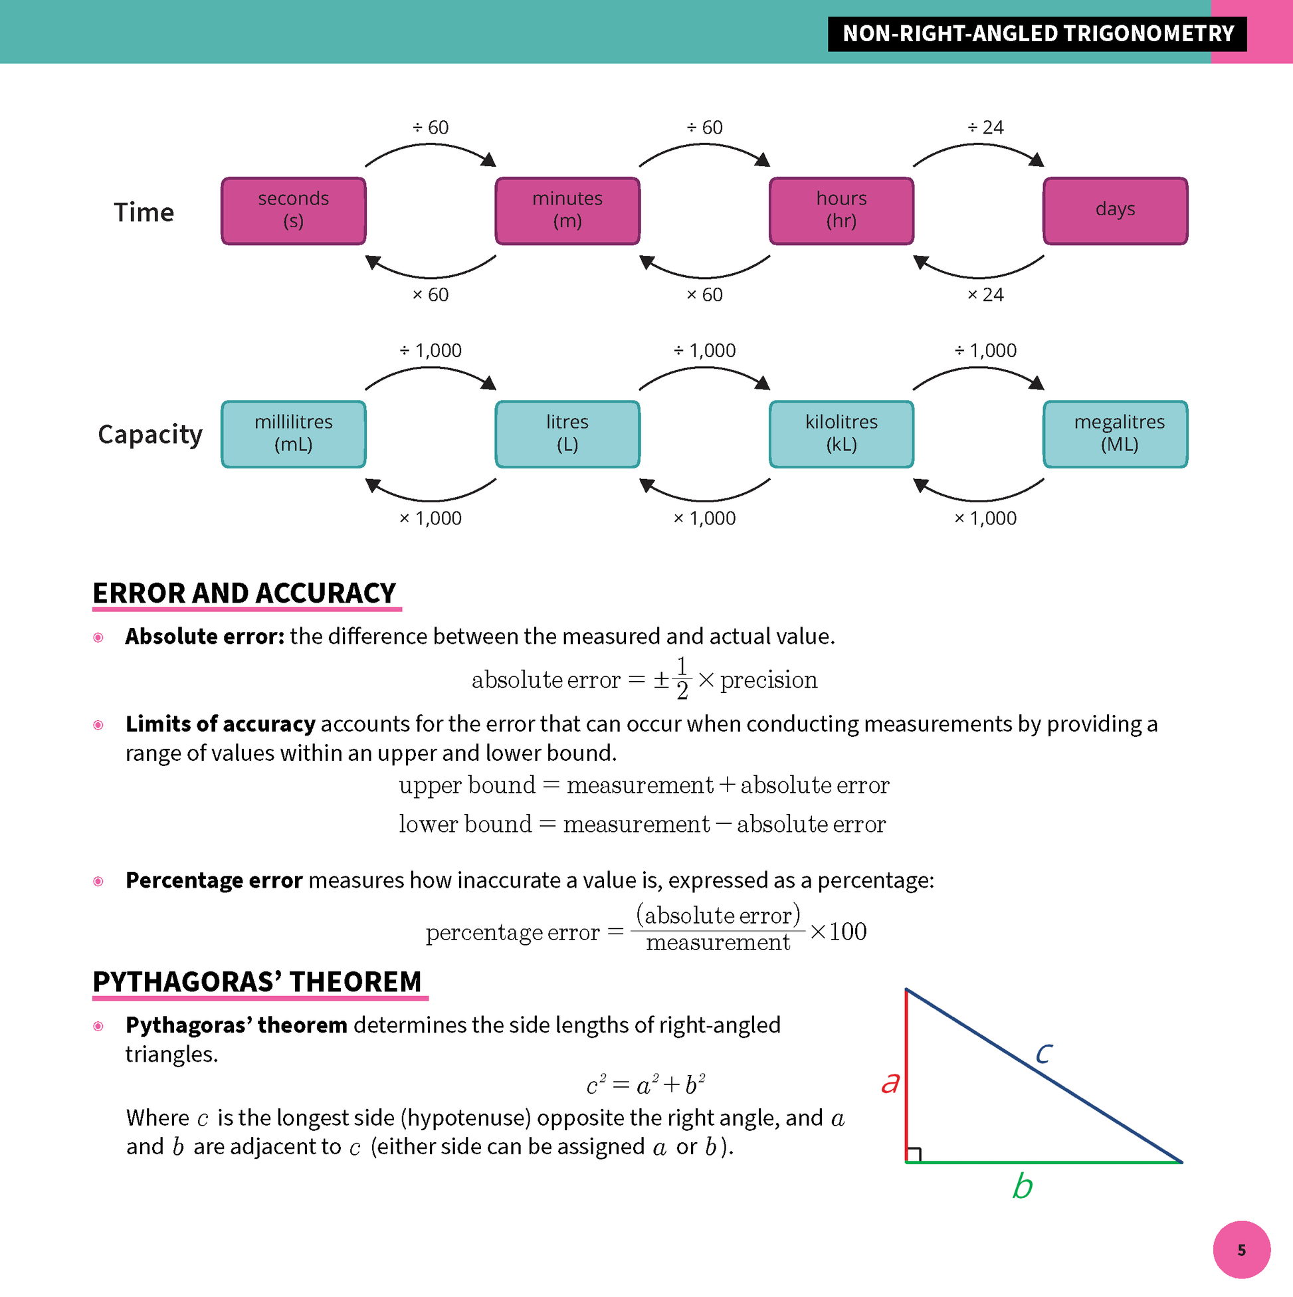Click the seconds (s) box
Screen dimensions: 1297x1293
[x=294, y=210]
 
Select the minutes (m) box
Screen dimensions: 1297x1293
[x=567, y=210]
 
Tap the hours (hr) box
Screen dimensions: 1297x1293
[x=841, y=210]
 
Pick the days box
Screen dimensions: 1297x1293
[x=1115, y=210]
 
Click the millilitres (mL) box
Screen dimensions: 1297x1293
[x=294, y=434]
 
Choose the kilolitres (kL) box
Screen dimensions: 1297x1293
[x=841, y=434]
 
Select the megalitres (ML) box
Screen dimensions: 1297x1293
[x=1115, y=434]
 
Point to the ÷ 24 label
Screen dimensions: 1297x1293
[x=985, y=128]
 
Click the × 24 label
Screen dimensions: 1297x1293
[x=985, y=295]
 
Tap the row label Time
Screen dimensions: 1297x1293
[x=144, y=212]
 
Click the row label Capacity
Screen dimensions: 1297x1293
[x=149, y=435]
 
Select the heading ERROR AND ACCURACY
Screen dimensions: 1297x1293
[x=245, y=593]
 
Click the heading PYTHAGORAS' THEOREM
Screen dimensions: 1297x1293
[x=257, y=981]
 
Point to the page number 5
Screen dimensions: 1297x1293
[x=1241, y=1250]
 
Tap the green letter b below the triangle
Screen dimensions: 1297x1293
[x=1022, y=1186]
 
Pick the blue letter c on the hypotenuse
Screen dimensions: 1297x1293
[x=1043, y=1052]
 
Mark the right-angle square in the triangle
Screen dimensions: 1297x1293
[x=914, y=1155]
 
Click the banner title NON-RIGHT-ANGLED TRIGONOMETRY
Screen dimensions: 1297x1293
[x=1038, y=34]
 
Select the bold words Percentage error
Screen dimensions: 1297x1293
[x=214, y=880]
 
